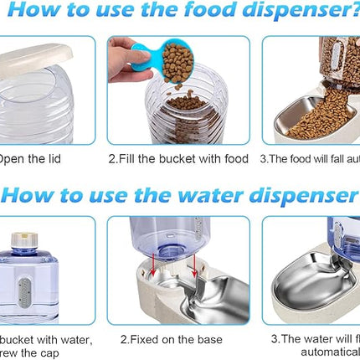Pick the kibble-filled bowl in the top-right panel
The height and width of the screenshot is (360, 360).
point(318,117)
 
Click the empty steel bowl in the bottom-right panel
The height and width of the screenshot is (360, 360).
point(322,285)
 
